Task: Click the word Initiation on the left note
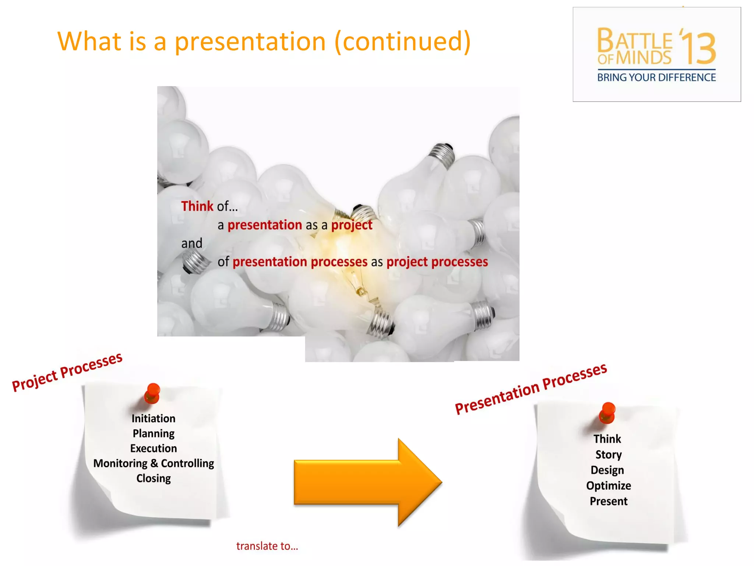153,419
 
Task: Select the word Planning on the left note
153,433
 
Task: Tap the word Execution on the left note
153,448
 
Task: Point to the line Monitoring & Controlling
153,463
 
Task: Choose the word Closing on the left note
153,478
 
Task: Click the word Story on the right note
608,455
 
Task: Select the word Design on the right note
607,470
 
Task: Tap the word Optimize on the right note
608,486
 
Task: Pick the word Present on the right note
608,501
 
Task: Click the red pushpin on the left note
152,392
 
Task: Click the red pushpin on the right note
607,412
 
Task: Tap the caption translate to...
267,546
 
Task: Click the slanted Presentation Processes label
531,388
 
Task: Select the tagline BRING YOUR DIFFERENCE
656,78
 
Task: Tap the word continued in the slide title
402,41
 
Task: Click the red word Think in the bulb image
197,206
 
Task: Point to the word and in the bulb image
191,243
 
